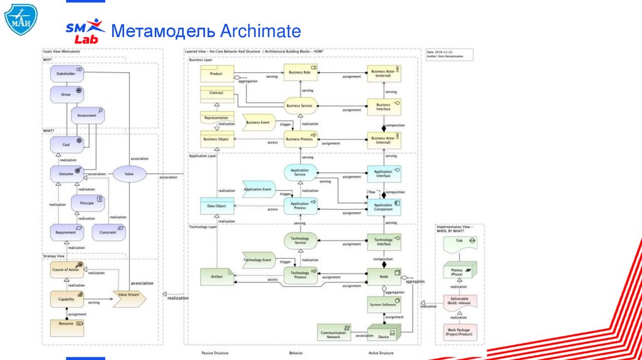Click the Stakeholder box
point(66,74)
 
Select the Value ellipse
point(129,173)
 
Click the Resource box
point(66,324)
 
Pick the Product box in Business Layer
point(216,74)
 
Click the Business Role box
point(300,73)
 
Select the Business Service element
point(300,106)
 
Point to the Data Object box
point(217,206)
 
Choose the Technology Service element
point(300,241)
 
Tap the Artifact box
point(216,276)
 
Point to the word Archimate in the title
point(260,31)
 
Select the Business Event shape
point(258,122)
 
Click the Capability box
point(66,299)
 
